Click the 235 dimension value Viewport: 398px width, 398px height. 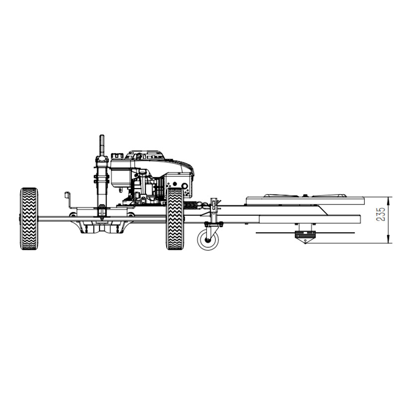tap(381, 214)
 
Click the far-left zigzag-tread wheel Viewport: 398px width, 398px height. tap(29, 218)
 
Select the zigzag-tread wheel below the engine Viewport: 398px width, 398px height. tap(175, 218)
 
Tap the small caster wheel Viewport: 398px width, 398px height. tap(208, 240)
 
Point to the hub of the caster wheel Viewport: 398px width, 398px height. tap(208, 240)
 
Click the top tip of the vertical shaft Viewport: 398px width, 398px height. tap(102, 135)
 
